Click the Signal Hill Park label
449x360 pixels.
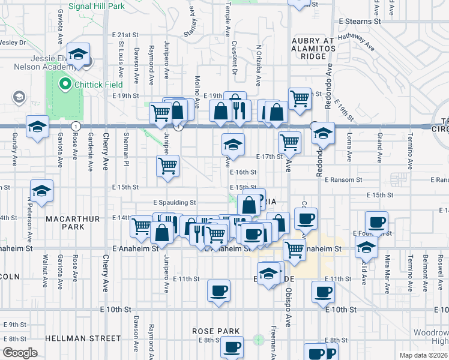coord(96,6)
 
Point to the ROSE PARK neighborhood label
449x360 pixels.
coord(216,331)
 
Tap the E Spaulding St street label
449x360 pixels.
coord(175,203)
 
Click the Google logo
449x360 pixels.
coord(20,353)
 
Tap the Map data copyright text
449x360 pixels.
coord(423,355)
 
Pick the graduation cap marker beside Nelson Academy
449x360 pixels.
coord(78,55)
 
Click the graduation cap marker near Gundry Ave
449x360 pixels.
coord(37,128)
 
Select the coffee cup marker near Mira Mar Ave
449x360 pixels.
coord(377,223)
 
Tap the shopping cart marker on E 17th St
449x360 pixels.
coord(289,143)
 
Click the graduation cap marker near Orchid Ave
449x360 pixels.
coord(366,247)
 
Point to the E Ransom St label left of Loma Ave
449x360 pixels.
coord(344,179)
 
